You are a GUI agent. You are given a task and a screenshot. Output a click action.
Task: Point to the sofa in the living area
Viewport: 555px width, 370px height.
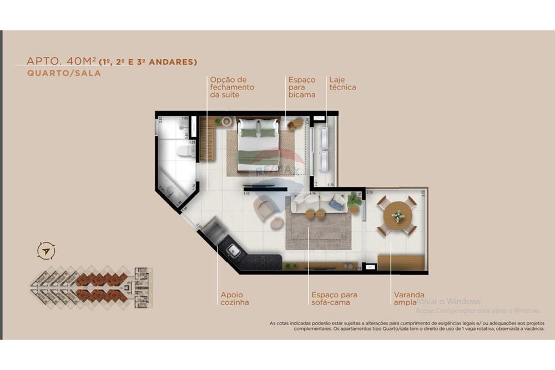[320, 202]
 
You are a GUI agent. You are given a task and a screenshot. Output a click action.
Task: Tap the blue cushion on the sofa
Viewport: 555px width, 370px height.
[336, 205]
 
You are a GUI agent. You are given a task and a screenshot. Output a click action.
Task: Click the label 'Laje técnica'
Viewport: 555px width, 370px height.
[342, 83]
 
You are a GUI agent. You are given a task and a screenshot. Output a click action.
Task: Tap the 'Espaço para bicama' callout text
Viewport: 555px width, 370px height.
[302, 87]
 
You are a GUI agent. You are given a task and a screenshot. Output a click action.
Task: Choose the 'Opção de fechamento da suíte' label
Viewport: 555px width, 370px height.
[232, 87]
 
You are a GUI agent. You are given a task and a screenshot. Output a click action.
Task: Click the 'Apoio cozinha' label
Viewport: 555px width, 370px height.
[234, 298]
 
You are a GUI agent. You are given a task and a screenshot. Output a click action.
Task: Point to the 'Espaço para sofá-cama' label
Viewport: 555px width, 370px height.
[334, 298]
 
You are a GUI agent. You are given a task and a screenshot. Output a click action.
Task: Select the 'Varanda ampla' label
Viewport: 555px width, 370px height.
[409, 298]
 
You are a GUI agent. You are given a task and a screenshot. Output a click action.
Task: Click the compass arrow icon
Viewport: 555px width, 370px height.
[46, 251]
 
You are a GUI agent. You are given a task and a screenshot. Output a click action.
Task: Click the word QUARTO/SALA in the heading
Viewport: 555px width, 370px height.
[64, 73]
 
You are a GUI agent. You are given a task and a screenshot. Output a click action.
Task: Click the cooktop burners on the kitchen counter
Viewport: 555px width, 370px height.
[258, 259]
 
